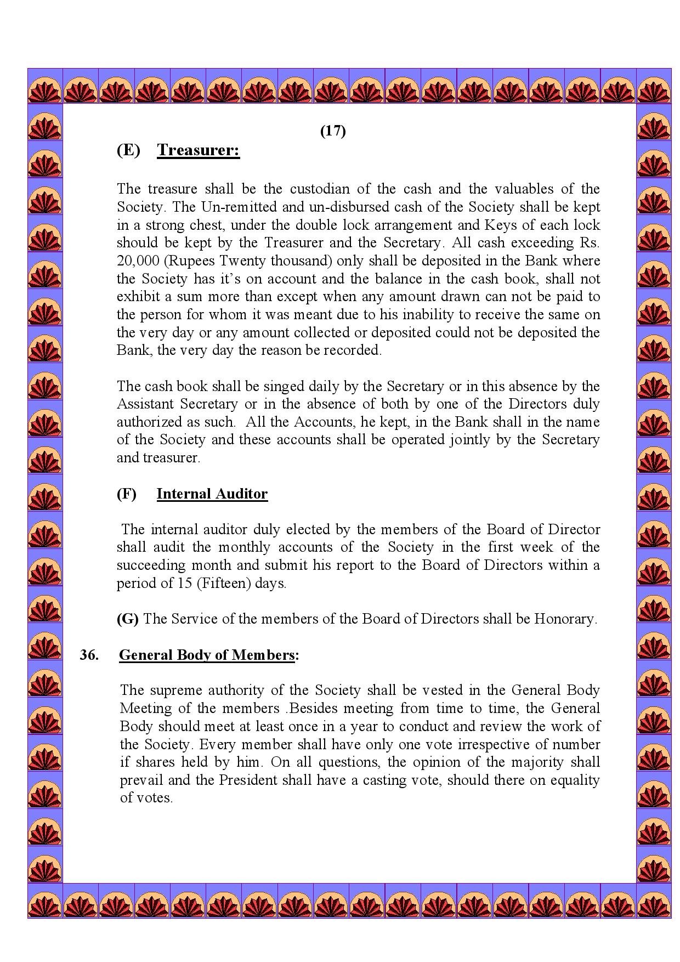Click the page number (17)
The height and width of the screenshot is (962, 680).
pyautogui.click(x=333, y=131)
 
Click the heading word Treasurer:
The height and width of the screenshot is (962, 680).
pyautogui.click(x=199, y=150)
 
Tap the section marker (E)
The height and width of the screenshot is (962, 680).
pyautogui.click(x=128, y=150)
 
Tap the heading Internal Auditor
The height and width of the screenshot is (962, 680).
pyautogui.click(x=212, y=494)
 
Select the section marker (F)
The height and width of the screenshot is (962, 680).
pyautogui.click(x=127, y=494)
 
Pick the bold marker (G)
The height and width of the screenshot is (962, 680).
pyautogui.click(x=127, y=619)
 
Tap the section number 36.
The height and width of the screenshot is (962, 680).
pyautogui.click(x=89, y=655)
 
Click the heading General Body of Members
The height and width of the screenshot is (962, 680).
pyautogui.click(x=207, y=655)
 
